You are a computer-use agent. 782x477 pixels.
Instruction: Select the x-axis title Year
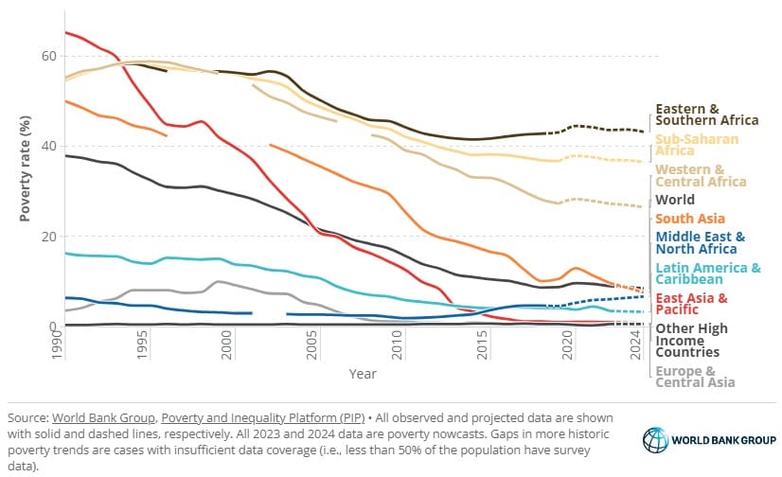click(x=363, y=375)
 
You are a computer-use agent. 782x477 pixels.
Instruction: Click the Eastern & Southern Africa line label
click(x=706, y=114)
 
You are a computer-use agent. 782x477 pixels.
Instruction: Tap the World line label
click(x=674, y=200)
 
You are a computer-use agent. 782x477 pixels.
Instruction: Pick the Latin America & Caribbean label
click(x=707, y=274)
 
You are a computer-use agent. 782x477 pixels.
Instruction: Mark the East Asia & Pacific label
click(x=690, y=305)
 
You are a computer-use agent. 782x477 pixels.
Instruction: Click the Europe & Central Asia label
click(x=692, y=378)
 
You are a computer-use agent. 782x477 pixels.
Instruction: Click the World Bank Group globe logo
click(x=656, y=440)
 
